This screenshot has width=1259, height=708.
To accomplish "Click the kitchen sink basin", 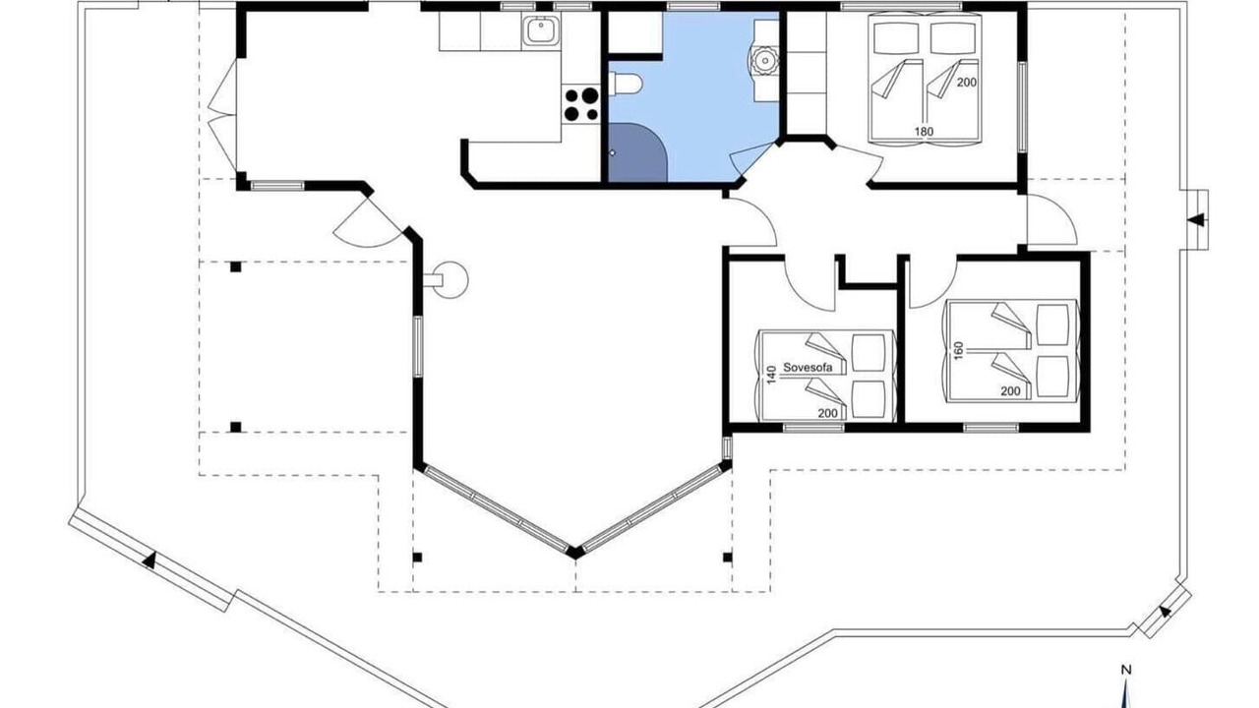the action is click(x=541, y=30).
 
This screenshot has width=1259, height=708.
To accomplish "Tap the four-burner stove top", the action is click(x=581, y=104).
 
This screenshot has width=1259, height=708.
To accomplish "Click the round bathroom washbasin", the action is click(x=764, y=60).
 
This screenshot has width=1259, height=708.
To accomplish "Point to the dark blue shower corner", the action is click(x=637, y=152).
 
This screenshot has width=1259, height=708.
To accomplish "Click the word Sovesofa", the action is click(x=807, y=368).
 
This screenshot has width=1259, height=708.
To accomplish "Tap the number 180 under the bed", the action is click(x=924, y=132).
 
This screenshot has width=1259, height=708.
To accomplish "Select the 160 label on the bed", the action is click(x=959, y=350).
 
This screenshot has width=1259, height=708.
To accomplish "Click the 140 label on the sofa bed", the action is click(x=772, y=375).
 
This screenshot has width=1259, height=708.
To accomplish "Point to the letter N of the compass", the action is click(x=1126, y=670).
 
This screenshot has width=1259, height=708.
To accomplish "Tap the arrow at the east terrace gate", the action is click(x=1196, y=220).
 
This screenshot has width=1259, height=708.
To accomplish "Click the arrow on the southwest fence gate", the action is click(x=149, y=560).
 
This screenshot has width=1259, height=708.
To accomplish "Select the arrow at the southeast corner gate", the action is click(x=1165, y=612).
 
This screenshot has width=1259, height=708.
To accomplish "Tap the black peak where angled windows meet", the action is click(x=574, y=553).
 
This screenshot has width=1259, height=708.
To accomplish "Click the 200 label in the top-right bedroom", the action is click(x=967, y=82).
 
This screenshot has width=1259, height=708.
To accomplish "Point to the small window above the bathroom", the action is click(x=693, y=7).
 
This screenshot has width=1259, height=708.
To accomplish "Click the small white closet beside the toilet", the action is click(x=634, y=32).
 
